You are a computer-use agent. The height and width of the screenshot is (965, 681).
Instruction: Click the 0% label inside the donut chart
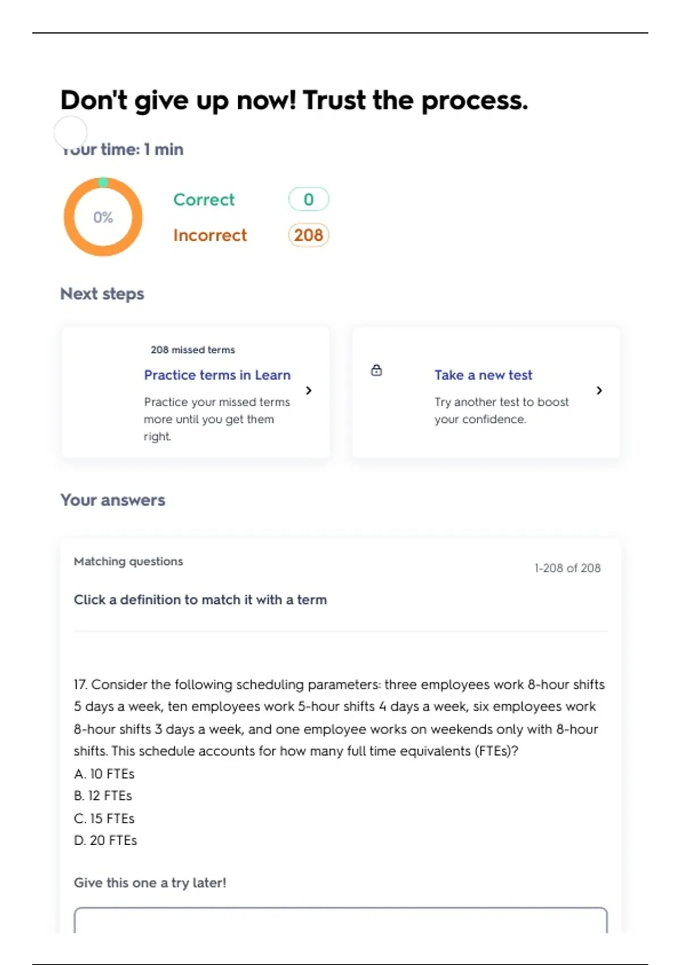click(x=103, y=217)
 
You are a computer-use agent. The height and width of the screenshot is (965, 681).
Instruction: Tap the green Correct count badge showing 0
click(x=308, y=199)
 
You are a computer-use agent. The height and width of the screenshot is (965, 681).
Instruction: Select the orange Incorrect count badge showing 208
click(x=308, y=235)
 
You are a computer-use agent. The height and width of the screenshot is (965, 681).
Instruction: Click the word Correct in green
click(x=204, y=200)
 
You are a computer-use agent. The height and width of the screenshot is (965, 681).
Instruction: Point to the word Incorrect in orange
click(x=210, y=235)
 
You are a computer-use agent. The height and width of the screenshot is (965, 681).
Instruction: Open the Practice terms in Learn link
click(x=217, y=375)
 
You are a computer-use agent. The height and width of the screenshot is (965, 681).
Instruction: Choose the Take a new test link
click(x=483, y=375)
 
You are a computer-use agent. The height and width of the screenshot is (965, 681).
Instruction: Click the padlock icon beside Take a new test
click(x=376, y=371)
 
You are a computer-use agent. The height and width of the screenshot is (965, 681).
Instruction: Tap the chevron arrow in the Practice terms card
click(x=309, y=391)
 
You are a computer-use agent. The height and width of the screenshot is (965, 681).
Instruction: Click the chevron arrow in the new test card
click(x=599, y=391)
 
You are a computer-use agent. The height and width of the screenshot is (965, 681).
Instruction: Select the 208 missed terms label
click(x=192, y=350)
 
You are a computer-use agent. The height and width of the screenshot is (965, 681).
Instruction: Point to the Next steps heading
click(x=102, y=294)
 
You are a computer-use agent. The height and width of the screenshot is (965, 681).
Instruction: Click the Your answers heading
click(x=113, y=500)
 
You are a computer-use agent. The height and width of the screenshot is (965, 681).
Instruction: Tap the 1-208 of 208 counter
click(x=567, y=568)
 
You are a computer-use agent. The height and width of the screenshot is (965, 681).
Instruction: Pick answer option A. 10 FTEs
click(x=104, y=774)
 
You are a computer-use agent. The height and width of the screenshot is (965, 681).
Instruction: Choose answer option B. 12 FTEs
click(x=103, y=796)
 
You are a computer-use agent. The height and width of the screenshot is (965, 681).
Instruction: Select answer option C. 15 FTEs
click(x=104, y=819)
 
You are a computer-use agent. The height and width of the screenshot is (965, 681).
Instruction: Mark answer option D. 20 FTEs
click(x=106, y=840)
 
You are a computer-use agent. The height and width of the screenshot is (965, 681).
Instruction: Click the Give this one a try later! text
click(x=150, y=883)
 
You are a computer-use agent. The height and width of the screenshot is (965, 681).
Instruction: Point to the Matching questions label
click(x=128, y=561)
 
